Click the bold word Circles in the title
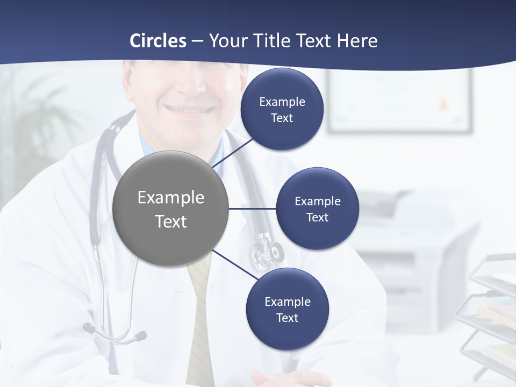(x=158, y=41)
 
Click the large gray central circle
(x=171, y=209)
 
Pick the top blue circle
(x=282, y=110)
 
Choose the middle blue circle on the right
(x=317, y=209)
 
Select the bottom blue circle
(x=287, y=310)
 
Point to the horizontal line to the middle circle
(x=253, y=209)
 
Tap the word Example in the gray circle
(x=171, y=198)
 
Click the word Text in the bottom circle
(x=287, y=318)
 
